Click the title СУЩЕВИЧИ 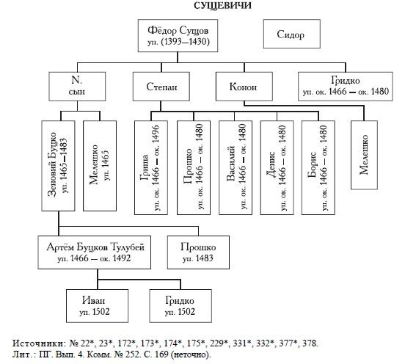point(222,6)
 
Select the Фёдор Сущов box point(178,36)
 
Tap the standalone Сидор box point(291,34)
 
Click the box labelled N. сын point(77,87)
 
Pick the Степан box point(161,87)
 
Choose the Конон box point(244,87)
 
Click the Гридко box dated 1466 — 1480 point(346,87)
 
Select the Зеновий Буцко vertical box point(59,166)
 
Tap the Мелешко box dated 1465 point(100,166)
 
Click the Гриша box point(151,167)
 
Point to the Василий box point(236,167)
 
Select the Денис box point(277,167)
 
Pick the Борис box point(318,167)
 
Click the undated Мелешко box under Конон point(364,155)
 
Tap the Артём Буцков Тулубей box point(94,252)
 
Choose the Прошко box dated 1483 point(198,252)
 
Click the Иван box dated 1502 point(97,306)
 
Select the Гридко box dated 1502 point(180,306)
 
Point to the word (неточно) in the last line point(191,354)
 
